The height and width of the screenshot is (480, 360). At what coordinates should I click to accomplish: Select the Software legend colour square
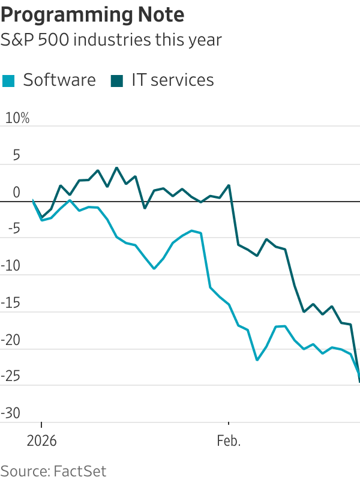[8, 80]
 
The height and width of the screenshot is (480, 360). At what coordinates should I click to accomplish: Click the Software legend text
[59, 80]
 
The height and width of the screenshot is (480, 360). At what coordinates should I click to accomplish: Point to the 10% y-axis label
[17, 118]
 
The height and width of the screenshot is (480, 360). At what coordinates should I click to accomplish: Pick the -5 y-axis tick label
[13, 229]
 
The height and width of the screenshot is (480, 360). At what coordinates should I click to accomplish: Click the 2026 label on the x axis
[41, 441]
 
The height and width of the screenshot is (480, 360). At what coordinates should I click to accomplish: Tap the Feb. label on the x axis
[229, 441]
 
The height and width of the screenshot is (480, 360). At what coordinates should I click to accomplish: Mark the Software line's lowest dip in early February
[257, 360]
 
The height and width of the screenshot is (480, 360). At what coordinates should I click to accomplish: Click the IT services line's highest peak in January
[116, 168]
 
